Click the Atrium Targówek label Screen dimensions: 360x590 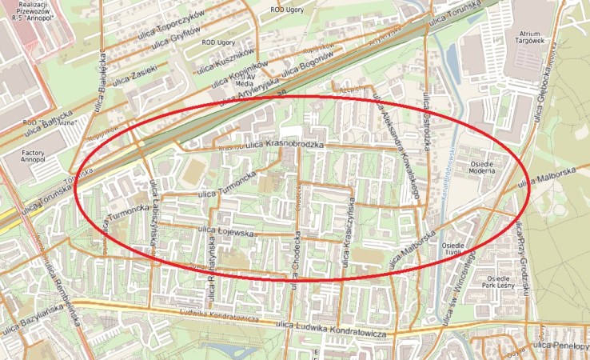click(528, 35)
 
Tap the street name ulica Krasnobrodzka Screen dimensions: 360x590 click(284, 145)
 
